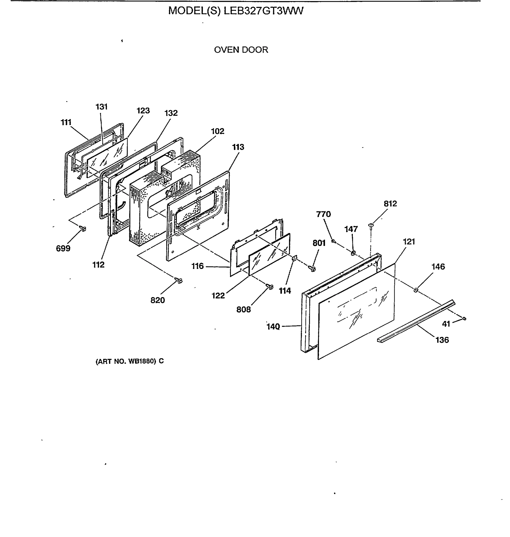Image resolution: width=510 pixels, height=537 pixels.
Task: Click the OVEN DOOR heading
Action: click(241, 50)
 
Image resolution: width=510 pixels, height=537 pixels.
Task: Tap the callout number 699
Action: click(63, 248)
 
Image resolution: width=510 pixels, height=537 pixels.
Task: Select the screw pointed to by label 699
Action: click(83, 229)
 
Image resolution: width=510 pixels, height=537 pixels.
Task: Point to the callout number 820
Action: click(157, 300)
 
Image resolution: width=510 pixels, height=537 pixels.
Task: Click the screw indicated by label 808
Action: click(270, 286)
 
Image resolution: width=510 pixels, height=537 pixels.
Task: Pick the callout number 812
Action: click(390, 204)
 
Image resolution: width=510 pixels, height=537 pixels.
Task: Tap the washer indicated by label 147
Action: click(353, 253)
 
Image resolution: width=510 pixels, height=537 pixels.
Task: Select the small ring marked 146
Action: click(416, 290)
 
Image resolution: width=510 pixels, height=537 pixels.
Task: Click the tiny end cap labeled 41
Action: click(464, 318)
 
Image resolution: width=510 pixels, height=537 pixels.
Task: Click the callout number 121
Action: click(409, 241)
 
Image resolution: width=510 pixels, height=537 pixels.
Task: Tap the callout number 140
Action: click(273, 326)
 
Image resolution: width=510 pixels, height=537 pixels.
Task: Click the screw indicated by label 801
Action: click(313, 269)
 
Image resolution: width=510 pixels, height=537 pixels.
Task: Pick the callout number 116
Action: click(197, 266)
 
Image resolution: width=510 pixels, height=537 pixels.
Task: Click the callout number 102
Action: click(217, 131)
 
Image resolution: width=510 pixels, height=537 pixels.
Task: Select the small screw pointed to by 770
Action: click(334, 241)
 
